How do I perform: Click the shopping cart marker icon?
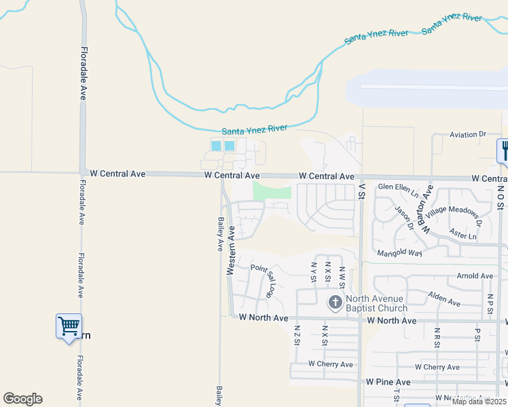[x=69, y=326]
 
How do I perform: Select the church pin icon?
[x=335, y=303]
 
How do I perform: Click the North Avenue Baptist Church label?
[x=374, y=303]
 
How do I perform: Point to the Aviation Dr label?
[x=469, y=135]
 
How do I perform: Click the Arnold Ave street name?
[x=475, y=276]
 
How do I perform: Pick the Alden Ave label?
[x=444, y=298]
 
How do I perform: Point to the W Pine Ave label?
[x=388, y=383]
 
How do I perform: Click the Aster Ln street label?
[x=463, y=235]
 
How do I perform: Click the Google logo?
[x=22, y=399]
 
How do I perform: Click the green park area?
[x=272, y=191]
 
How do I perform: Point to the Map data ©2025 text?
[x=479, y=402]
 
